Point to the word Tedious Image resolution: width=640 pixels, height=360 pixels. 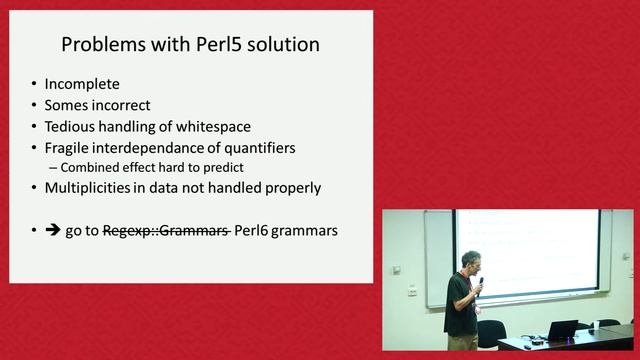pos(72,126)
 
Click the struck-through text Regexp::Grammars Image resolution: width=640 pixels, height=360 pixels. pos(165,230)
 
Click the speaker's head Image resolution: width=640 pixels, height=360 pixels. pos(470,262)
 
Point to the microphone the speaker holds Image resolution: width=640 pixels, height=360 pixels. pos(480,283)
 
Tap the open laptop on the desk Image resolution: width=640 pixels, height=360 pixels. pos(562,330)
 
